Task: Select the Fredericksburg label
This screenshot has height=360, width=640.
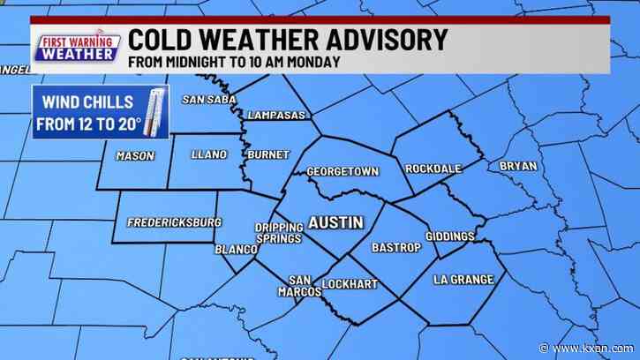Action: click(175, 222)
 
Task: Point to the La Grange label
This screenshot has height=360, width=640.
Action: click(463, 280)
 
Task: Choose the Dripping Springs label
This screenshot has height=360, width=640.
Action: click(279, 233)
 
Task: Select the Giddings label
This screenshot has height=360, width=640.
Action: click(449, 236)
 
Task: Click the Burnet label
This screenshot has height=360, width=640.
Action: click(268, 154)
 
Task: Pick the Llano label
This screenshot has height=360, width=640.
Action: click(209, 154)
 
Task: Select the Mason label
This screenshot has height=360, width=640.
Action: click(135, 156)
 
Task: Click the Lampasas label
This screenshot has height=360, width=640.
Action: click(277, 116)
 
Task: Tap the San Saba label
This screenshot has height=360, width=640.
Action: click(209, 99)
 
